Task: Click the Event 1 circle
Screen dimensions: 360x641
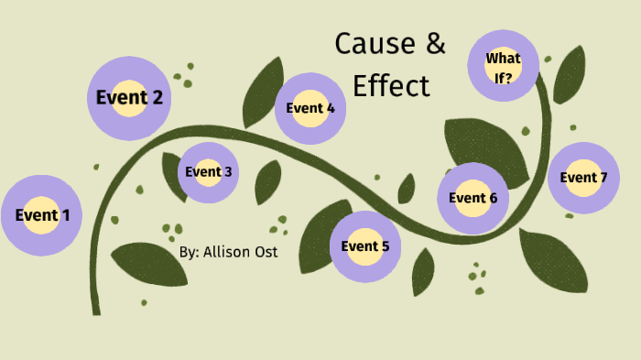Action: pyautogui.click(x=41, y=215)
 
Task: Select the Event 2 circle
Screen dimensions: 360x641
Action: pyautogui.click(x=129, y=97)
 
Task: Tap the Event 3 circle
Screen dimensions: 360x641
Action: pyautogui.click(x=208, y=171)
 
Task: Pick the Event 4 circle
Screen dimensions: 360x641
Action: pyautogui.click(x=310, y=108)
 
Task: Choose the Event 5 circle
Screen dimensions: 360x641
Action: pyautogui.click(x=365, y=245)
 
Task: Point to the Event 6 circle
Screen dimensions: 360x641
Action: pyautogui.click(x=473, y=198)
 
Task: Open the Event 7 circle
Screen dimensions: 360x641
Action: pyautogui.click(x=583, y=178)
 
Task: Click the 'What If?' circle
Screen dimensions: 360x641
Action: pyautogui.click(x=503, y=67)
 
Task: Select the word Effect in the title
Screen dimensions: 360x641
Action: pyautogui.click(x=391, y=85)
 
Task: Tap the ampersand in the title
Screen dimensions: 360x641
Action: pyautogui.click(x=434, y=43)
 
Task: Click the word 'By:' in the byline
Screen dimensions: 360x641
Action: pyautogui.click(x=189, y=250)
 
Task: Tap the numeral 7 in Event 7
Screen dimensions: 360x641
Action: pyautogui.click(x=603, y=178)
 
